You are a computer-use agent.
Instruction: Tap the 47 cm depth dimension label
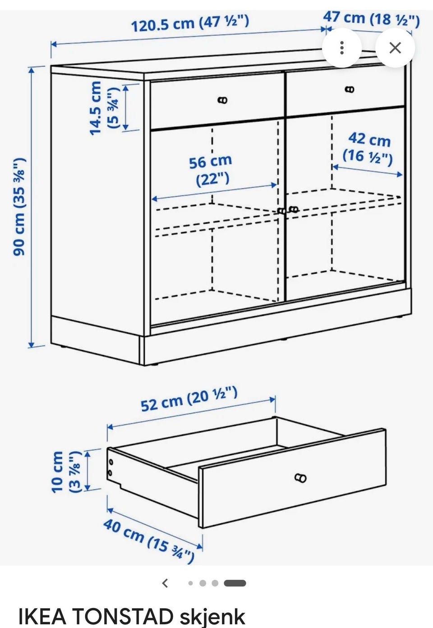pos(371,18)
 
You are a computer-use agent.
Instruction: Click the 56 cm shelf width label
pos(211,170)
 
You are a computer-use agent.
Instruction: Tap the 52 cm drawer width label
pos(189,399)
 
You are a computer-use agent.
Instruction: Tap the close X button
pos(395,48)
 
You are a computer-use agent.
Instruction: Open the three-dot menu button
pos(341,48)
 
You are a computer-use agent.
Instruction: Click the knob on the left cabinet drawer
pos(222,100)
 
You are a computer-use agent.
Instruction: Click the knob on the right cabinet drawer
pos(350,89)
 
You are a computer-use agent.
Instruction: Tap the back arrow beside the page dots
pos(165,583)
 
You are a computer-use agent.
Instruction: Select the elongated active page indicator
pos(235,583)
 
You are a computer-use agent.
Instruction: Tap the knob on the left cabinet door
pos(281,211)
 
